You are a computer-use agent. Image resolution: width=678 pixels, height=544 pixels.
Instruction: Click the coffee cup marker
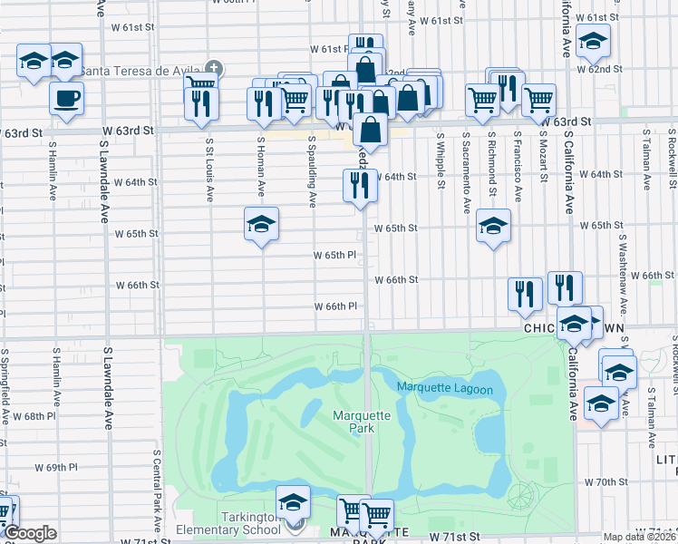tap(65, 99)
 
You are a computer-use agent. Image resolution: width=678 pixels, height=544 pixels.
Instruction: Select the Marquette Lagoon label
tap(444, 390)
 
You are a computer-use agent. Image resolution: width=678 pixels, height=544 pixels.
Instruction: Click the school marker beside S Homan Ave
tap(261, 224)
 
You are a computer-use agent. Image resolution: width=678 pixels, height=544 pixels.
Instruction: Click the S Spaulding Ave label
tap(312, 167)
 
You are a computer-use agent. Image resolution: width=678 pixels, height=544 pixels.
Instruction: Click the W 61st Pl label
tap(328, 49)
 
